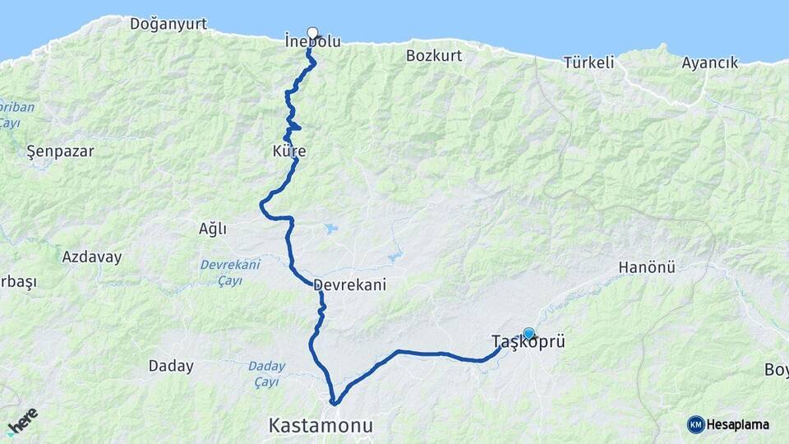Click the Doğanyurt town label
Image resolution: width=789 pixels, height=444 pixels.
[x=168, y=24]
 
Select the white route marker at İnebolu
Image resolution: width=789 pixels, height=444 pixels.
[x=312, y=33]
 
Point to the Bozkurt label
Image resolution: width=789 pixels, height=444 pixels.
[x=434, y=56]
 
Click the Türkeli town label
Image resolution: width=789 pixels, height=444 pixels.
[x=588, y=62]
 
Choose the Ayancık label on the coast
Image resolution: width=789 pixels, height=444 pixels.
[x=709, y=62]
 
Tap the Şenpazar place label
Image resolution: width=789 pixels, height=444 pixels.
[x=60, y=151]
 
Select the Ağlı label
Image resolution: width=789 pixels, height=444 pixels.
[x=212, y=229]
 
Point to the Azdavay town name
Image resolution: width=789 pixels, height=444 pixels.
[x=91, y=257]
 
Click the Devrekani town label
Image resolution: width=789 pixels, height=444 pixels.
[x=349, y=284]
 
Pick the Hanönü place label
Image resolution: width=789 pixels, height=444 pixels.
[x=646, y=267]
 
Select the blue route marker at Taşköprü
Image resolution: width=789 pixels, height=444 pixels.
[x=528, y=334]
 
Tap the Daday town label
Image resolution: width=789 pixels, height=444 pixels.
[x=171, y=366]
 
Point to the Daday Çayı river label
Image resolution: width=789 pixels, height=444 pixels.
[x=266, y=373]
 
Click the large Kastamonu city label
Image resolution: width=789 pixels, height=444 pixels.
[x=321, y=426]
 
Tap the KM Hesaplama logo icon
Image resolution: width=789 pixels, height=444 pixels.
[x=696, y=424]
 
